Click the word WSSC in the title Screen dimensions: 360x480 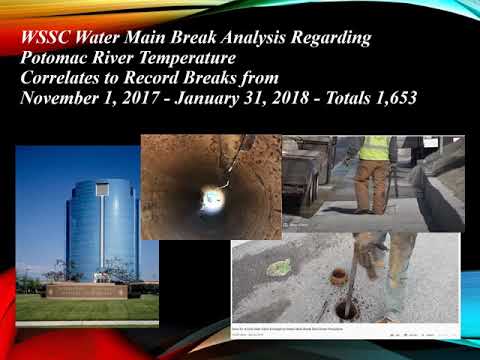[x=46, y=39]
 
